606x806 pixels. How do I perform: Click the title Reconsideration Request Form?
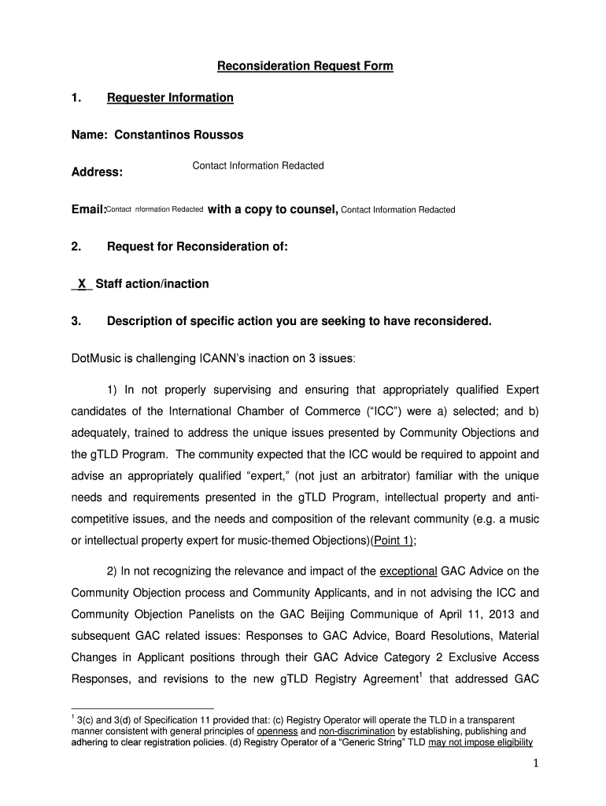coord(305,66)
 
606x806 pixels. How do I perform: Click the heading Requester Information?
coord(170,98)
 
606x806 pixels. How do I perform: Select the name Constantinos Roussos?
coord(179,135)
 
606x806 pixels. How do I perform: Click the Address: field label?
coord(97,172)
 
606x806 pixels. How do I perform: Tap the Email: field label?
coord(88,209)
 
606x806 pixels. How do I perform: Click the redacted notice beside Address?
coord(257,165)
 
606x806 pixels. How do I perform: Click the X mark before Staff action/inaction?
coord(82,283)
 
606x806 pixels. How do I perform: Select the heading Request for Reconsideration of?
coord(198,246)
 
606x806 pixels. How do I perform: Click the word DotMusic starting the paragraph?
coord(97,358)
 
